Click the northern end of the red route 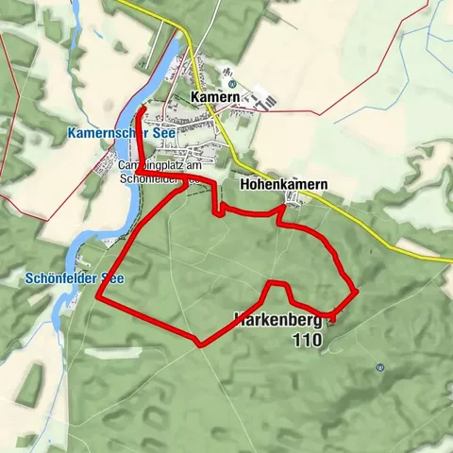click(x=141, y=110)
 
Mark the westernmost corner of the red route click(x=98, y=298)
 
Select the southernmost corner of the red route click(x=199, y=344)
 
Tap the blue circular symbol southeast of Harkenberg click(x=379, y=367)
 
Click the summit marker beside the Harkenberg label click(x=331, y=319)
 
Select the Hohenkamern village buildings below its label click(x=296, y=198)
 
